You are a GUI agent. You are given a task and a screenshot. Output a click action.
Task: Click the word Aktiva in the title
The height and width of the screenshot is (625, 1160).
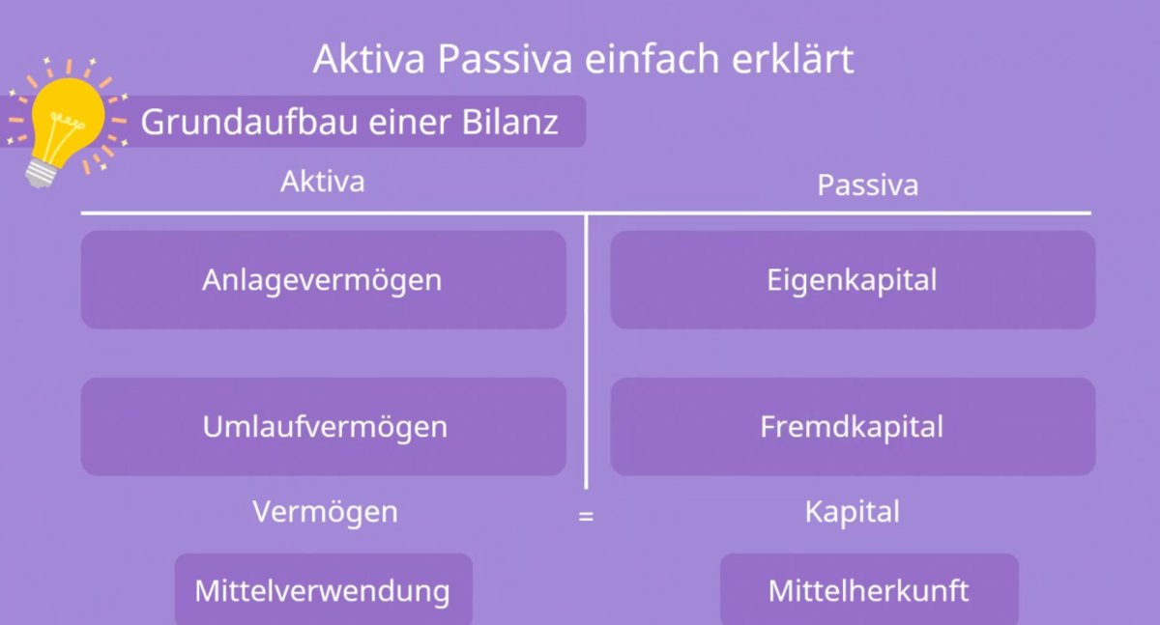click(x=370, y=59)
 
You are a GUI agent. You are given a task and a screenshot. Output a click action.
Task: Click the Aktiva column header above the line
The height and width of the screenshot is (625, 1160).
click(x=323, y=181)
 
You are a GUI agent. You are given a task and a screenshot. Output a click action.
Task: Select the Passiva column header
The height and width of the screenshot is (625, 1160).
click(x=867, y=185)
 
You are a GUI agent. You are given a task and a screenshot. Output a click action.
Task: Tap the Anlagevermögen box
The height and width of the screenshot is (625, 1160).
click(x=323, y=280)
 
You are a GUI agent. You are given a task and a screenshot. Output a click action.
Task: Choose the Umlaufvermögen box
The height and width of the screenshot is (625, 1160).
click(x=323, y=426)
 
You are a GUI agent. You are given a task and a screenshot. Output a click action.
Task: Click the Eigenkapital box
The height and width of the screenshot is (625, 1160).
click(x=853, y=280)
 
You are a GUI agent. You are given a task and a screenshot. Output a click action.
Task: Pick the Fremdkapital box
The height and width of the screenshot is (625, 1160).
click(x=853, y=426)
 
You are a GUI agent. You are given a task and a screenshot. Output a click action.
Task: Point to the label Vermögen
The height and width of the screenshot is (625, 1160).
click(x=325, y=511)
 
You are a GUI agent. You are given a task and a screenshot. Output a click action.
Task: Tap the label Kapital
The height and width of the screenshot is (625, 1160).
click(x=852, y=511)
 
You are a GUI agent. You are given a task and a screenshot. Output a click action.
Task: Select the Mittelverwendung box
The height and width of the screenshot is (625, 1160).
click(x=323, y=589)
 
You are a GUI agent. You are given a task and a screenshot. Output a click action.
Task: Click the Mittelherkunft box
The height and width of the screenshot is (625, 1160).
click(x=869, y=589)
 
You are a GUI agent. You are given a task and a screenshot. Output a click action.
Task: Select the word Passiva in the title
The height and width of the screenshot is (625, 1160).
click(x=499, y=59)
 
